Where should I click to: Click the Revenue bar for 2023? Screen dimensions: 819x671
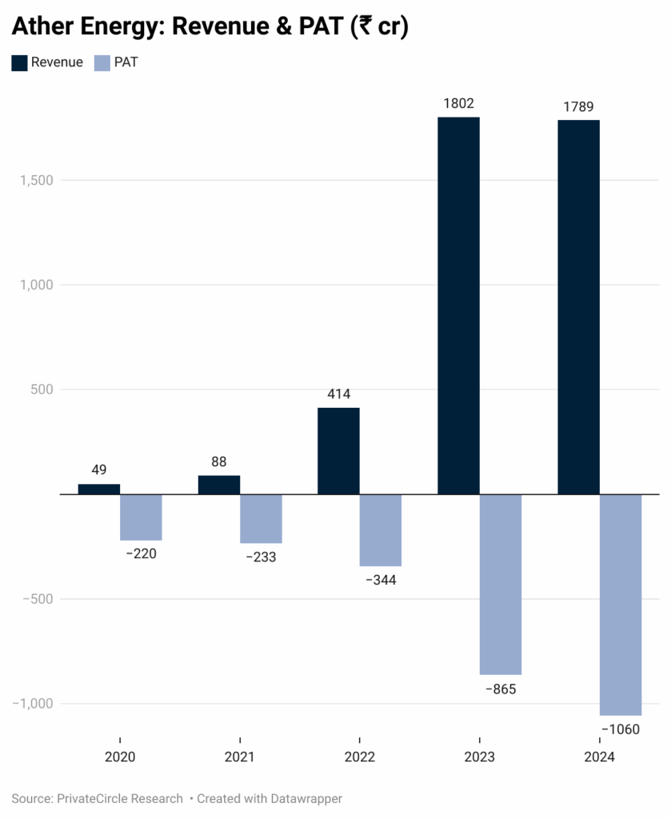tap(458, 306)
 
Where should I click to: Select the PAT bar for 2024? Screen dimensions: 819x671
tap(621, 605)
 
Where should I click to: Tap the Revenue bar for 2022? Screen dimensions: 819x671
tap(338, 451)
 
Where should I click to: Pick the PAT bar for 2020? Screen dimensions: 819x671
tap(141, 517)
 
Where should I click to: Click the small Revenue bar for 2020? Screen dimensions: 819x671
tap(99, 489)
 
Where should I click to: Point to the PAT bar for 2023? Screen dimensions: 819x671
tap(501, 585)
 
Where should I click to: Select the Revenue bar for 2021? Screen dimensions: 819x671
tap(219, 485)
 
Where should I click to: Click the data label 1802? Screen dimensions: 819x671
tap(458, 103)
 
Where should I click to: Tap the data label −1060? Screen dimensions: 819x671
tap(620, 729)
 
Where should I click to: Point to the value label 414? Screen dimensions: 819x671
tap(338, 394)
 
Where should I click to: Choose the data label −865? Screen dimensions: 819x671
tap(501, 689)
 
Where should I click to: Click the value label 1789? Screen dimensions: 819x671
tap(578, 106)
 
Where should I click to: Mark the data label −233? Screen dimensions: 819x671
tap(260, 557)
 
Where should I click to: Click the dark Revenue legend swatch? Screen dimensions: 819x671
tap(19, 62)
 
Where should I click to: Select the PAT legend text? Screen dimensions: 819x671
tap(126, 62)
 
